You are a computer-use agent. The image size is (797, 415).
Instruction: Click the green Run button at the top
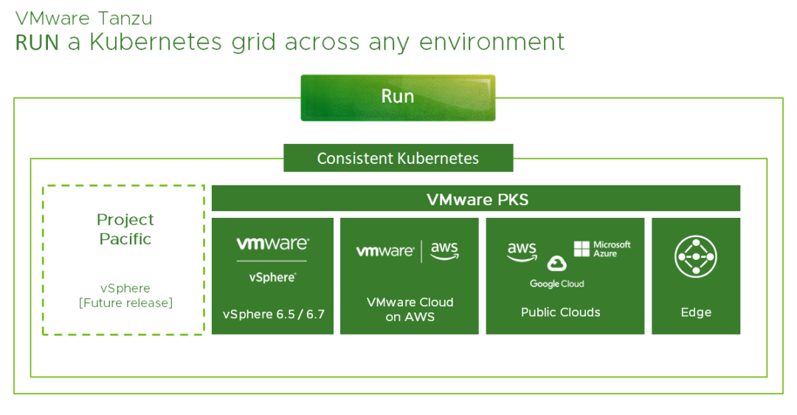[398, 97]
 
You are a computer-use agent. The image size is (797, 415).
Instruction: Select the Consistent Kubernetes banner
[398, 158]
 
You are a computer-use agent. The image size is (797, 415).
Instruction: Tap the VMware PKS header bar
[477, 199]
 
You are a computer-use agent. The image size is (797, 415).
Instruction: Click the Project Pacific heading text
[125, 229]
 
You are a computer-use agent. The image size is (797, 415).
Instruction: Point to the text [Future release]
[125, 303]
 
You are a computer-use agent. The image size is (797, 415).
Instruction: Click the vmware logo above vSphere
[272, 244]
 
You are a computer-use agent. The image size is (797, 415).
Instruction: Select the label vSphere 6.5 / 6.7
[273, 314]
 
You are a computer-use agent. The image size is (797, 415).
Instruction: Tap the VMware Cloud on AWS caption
[410, 309]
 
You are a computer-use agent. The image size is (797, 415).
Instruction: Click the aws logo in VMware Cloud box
[444, 250]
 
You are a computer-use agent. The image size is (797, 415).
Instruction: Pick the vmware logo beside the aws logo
[384, 251]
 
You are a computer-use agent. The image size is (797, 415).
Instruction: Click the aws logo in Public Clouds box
[522, 250]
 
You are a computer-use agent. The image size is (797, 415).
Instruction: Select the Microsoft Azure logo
[602, 249]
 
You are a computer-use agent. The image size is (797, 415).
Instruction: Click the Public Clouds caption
[560, 312]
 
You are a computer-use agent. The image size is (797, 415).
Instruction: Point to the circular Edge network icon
[695, 258]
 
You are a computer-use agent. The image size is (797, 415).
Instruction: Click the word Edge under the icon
[695, 312]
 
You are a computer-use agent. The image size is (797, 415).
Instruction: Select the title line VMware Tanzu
[84, 17]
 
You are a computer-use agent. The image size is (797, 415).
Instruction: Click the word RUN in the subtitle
[37, 42]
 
